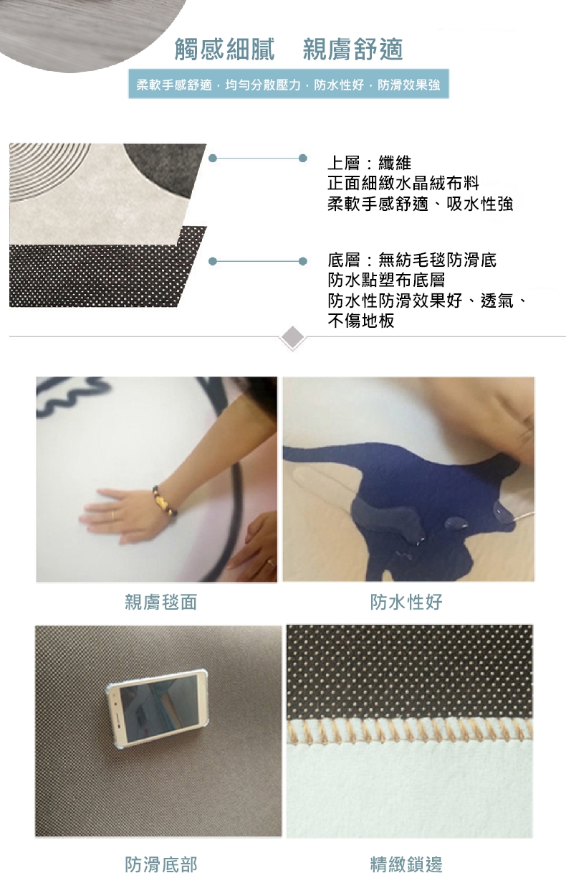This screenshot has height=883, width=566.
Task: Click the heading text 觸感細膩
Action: click(224, 49)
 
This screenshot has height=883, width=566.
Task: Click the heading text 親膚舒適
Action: click(352, 49)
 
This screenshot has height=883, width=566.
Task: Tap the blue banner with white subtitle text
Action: click(289, 84)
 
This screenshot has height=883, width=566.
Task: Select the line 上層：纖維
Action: click(369, 162)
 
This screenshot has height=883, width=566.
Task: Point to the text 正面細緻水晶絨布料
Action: click(403, 183)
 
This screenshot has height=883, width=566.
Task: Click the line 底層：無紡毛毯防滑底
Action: click(412, 260)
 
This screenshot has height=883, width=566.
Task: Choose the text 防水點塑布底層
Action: click(386, 280)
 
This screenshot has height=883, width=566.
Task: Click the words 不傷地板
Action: click(361, 321)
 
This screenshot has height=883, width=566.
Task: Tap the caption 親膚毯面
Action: click(160, 602)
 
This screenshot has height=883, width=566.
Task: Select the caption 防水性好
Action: click(406, 602)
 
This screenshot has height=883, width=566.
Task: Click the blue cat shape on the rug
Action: click(401, 509)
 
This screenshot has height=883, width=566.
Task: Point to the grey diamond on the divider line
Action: click(292, 337)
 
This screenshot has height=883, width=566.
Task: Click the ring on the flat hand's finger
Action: click(112, 515)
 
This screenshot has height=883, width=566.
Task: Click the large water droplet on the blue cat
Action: click(456, 524)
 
